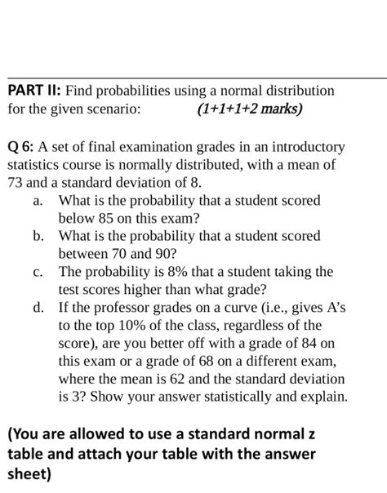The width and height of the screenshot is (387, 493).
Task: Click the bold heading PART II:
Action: [34, 91]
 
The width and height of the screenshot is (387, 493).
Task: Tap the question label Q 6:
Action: [20, 148]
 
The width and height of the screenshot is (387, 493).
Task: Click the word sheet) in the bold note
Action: [29, 474]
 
